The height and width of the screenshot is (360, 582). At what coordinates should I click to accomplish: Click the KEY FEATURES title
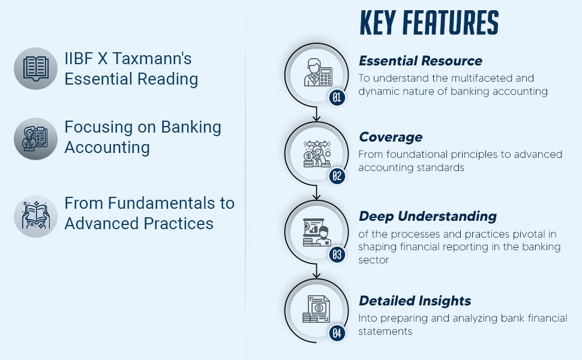point(428,23)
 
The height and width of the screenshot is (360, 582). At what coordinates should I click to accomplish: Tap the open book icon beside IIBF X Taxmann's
point(35,68)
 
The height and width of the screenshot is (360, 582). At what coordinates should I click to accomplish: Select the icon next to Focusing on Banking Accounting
point(35,139)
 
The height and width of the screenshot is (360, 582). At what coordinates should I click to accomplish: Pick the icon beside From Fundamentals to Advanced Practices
point(35,215)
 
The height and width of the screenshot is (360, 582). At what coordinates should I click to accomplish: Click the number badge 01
point(337,97)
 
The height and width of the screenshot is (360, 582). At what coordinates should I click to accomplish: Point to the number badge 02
point(337,176)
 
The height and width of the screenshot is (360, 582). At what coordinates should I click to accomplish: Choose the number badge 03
point(337,254)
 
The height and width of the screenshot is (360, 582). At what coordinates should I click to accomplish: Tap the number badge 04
point(337,333)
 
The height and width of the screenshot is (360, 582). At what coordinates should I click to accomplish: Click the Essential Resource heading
point(420,61)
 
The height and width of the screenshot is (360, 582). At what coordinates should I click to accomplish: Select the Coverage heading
point(391,137)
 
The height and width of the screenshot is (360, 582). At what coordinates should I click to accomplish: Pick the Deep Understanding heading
point(427,216)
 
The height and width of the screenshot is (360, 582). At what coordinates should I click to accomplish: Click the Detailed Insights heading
point(415,301)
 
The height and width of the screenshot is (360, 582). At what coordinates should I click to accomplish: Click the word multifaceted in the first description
point(470,78)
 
